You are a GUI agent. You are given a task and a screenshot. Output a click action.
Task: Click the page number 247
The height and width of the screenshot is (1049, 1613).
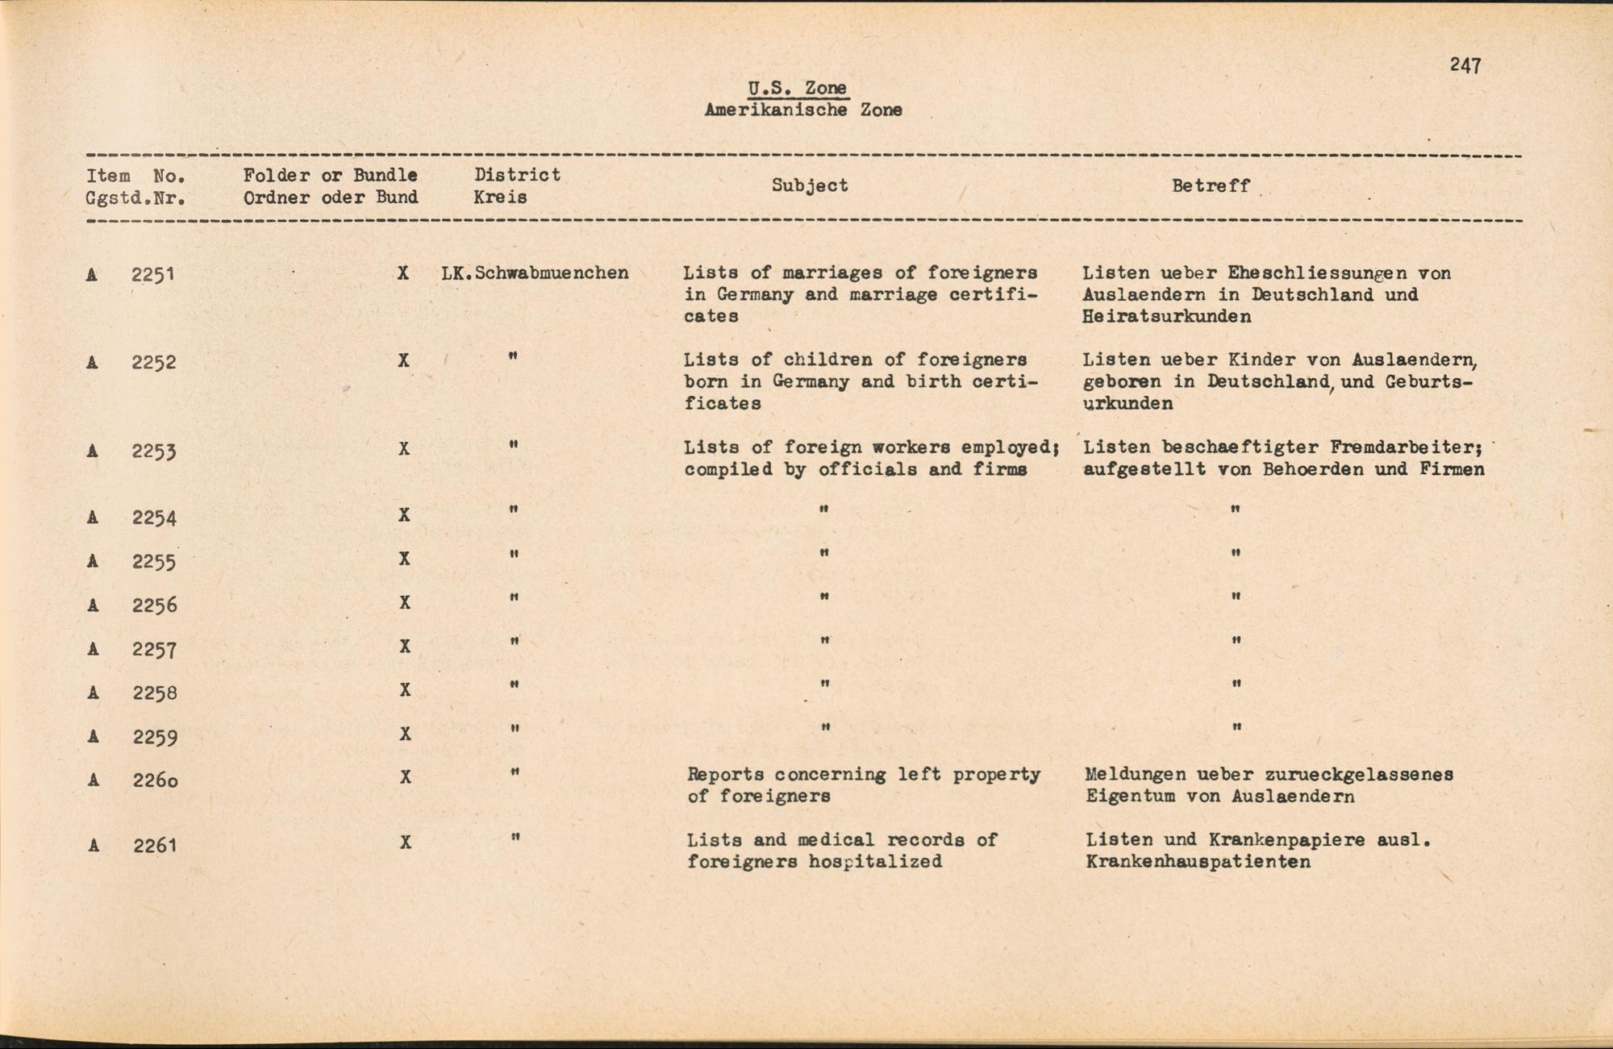(1465, 65)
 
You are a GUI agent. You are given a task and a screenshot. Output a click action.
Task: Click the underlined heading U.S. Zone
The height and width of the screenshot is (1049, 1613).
(797, 88)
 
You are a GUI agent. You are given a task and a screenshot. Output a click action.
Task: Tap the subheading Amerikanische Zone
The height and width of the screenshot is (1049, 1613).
(802, 110)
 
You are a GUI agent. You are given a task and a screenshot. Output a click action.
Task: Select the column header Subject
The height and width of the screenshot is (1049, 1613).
(810, 185)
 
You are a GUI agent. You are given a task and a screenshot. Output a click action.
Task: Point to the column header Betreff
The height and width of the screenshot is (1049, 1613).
(1211, 185)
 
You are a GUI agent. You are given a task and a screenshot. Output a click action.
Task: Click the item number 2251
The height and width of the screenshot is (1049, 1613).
(153, 275)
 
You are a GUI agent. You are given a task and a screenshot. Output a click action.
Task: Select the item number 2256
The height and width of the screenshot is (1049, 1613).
(154, 606)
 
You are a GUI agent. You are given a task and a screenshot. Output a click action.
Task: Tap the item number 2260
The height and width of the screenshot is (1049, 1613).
(155, 781)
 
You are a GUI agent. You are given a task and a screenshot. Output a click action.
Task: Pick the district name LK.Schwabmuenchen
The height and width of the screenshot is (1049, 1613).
(535, 273)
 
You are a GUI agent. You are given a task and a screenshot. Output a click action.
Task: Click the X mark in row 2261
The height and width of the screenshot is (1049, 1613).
(405, 843)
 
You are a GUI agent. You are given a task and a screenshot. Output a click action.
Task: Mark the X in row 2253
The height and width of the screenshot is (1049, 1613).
(404, 449)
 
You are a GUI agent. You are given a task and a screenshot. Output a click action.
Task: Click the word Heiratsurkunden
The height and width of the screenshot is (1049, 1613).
(1166, 317)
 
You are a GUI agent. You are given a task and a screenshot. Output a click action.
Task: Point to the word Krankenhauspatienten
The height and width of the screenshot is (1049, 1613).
(1198, 862)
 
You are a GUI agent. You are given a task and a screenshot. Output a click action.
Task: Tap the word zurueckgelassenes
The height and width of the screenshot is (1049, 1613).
(1360, 775)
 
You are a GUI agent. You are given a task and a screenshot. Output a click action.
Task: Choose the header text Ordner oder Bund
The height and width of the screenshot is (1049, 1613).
(331, 198)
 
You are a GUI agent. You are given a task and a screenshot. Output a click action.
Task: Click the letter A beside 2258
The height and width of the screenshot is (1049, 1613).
(94, 693)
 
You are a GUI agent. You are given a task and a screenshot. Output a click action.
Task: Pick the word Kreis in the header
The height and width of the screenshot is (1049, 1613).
(500, 198)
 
